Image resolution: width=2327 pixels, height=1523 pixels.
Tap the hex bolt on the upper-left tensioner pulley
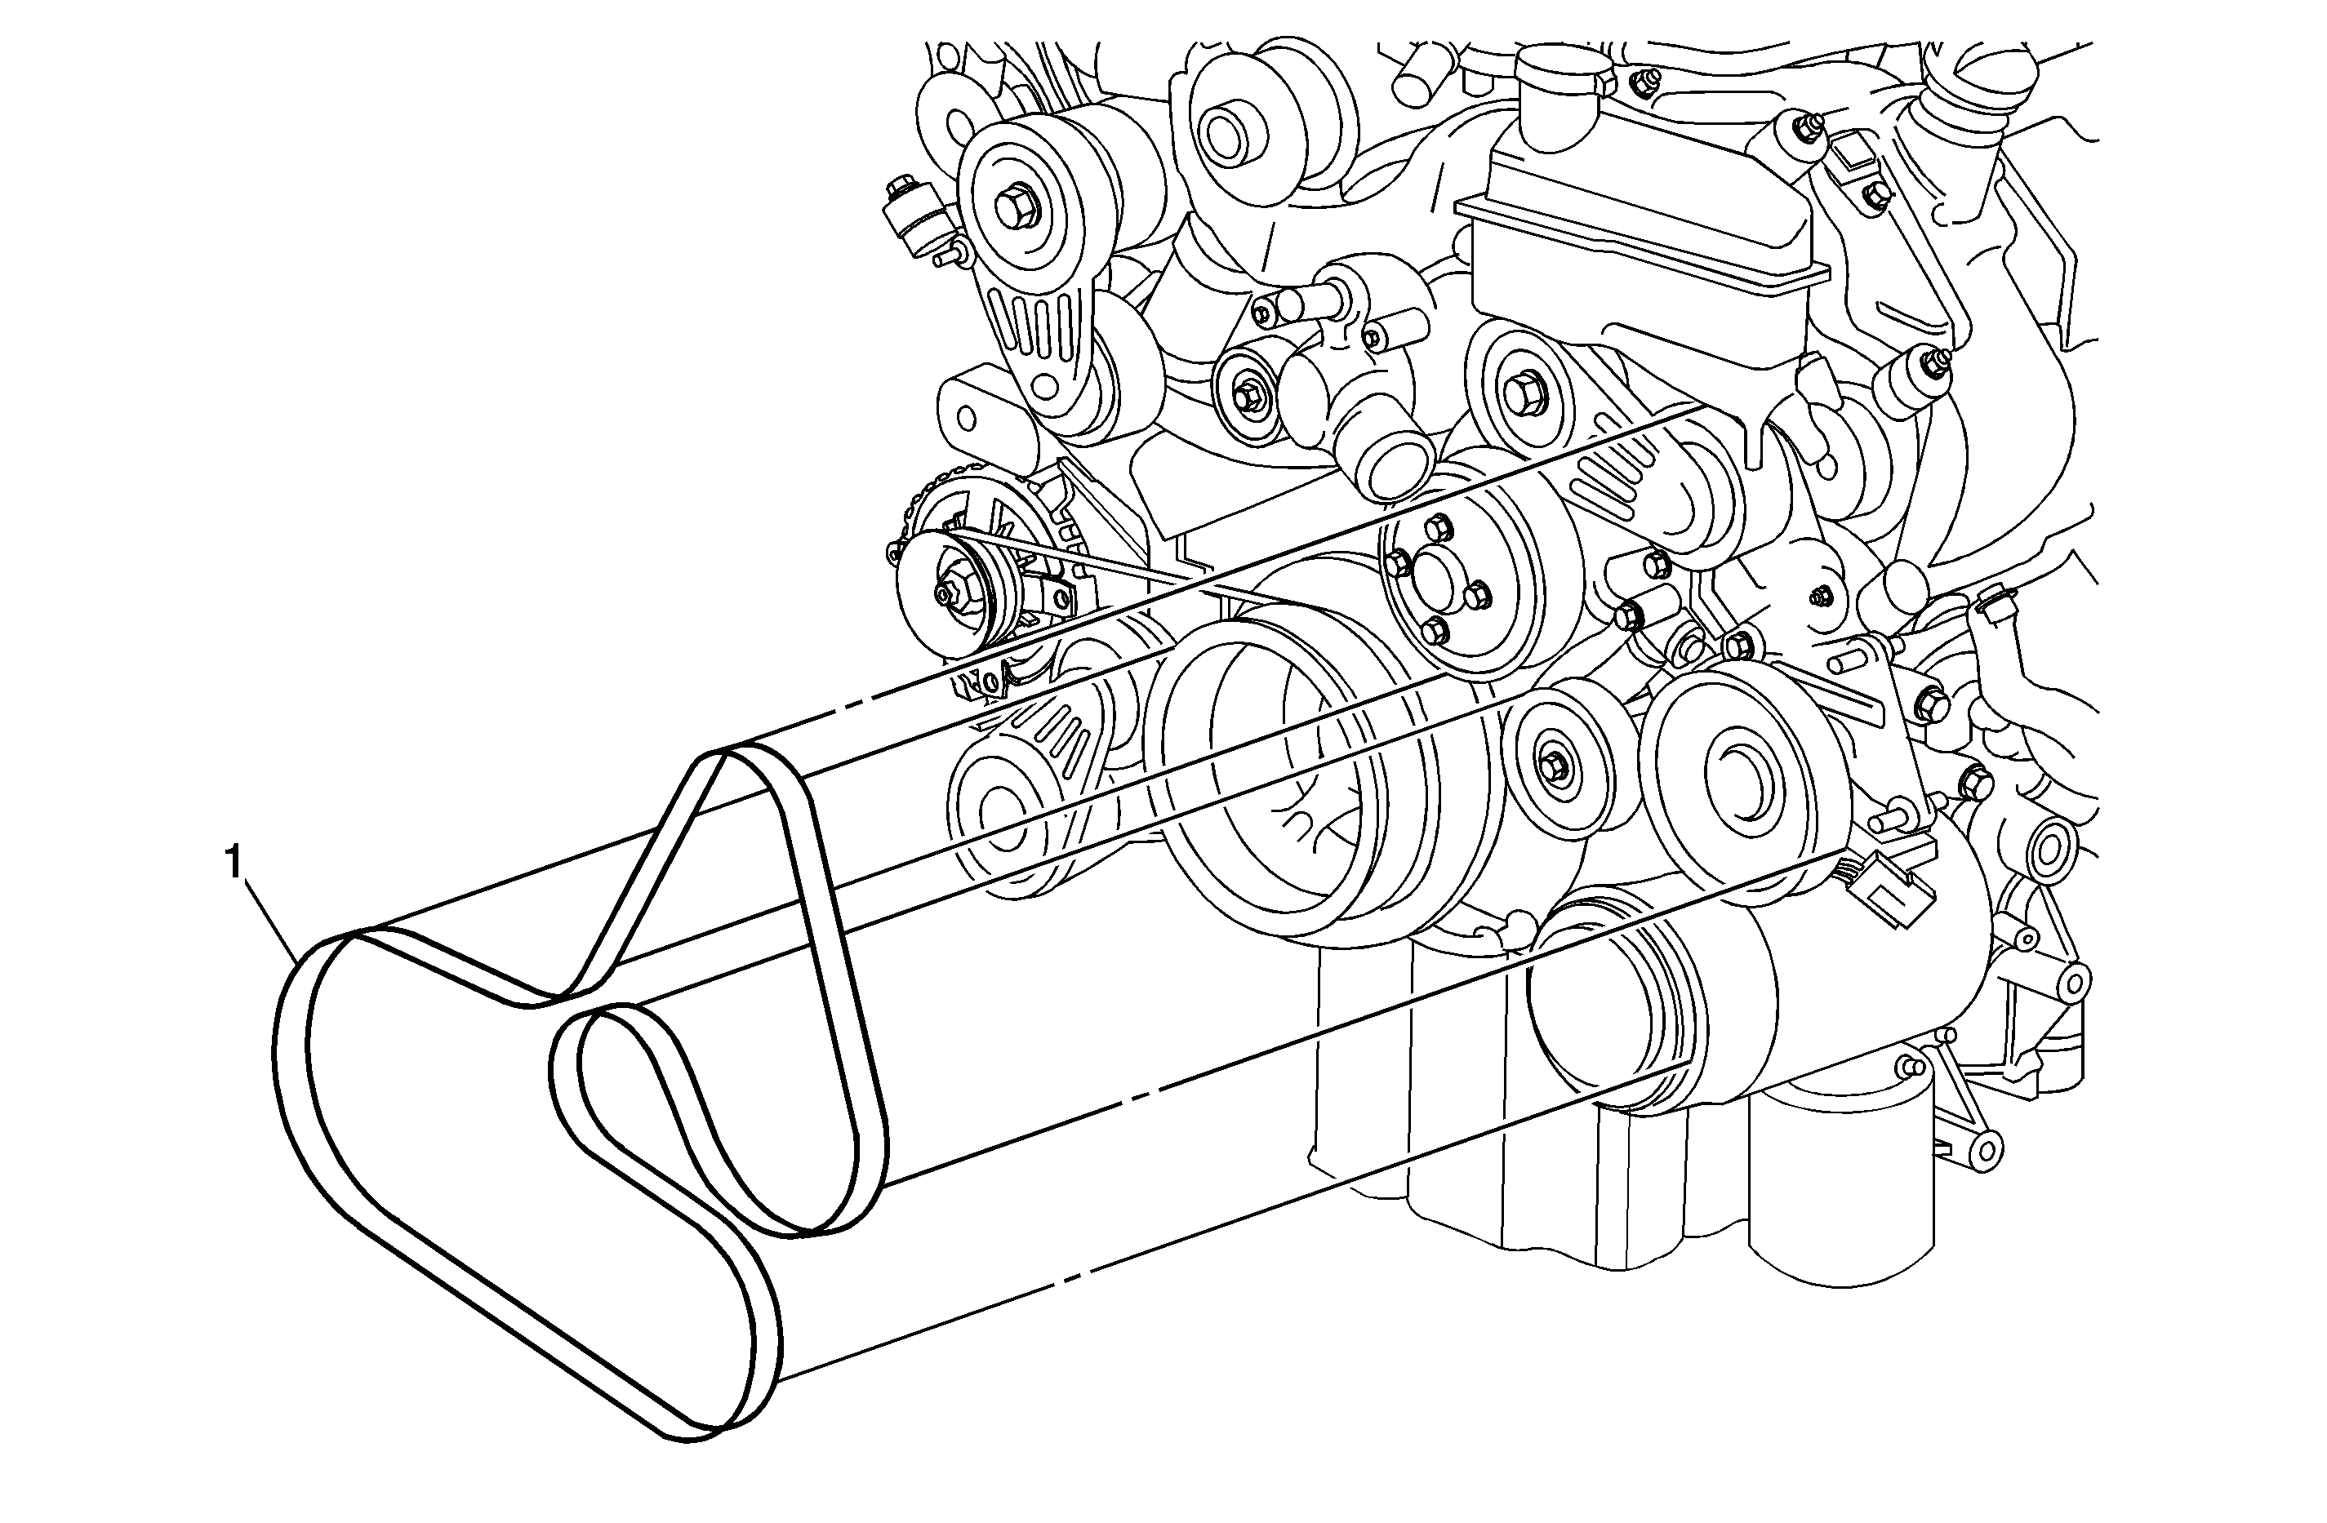(x=1011, y=206)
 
